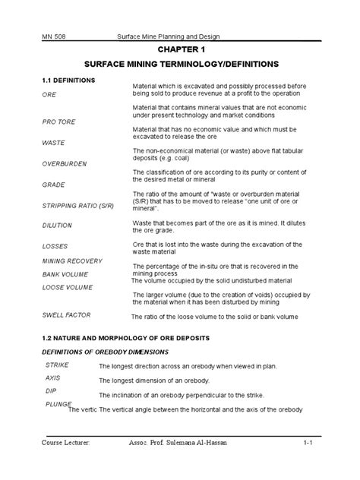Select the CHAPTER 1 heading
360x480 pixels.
click(x=179, y=49)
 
